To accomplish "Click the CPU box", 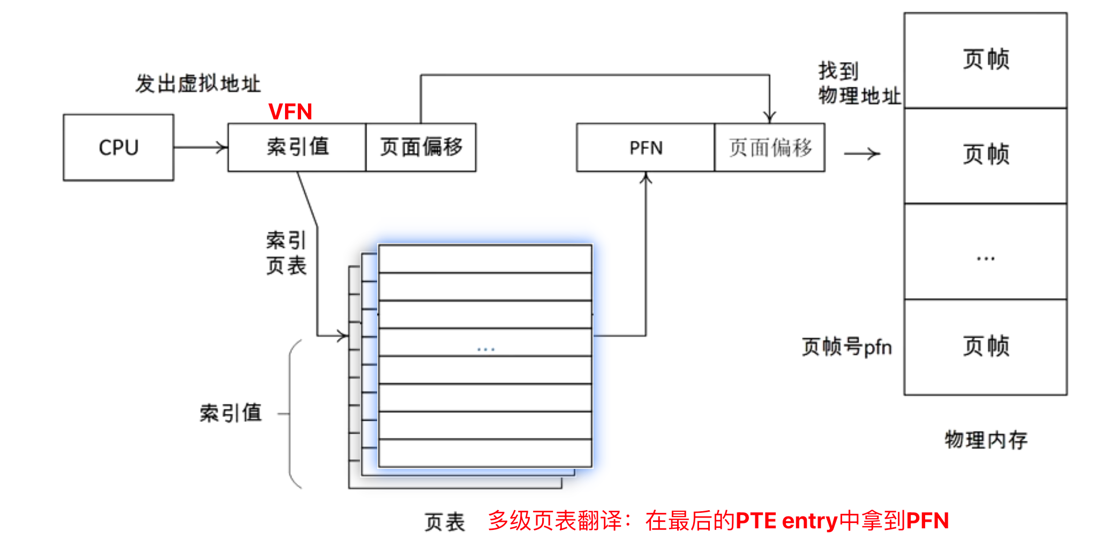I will click(x=118, y=147).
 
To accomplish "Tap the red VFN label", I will click(x=290, y=112).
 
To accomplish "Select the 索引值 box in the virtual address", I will click(x=297, y=147).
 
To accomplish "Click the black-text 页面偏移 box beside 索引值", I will click(x=421, y=147).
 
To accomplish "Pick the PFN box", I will click(x=646, y=148).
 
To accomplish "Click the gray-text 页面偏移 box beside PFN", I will click(x=770, y=148).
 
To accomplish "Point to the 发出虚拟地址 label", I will click(x=198, y=84).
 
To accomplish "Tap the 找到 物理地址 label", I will click(x=858, y=84).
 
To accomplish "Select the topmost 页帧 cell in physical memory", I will click(x=985, y=60).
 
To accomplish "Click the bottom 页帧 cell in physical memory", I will click(x=985, y=347).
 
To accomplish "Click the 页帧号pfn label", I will click(x=846, y=347).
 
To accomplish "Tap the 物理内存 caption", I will click(x=986, y=440).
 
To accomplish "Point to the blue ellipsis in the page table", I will click(x=486, y=350).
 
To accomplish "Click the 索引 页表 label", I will click(x=286, y=253).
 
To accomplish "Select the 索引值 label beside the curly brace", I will click(x=230, y=413).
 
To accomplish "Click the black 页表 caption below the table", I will click(x=445, y=522).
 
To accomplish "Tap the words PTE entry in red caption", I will click(x=786, y=521).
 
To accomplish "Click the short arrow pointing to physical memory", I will click(x=861, y=154).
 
